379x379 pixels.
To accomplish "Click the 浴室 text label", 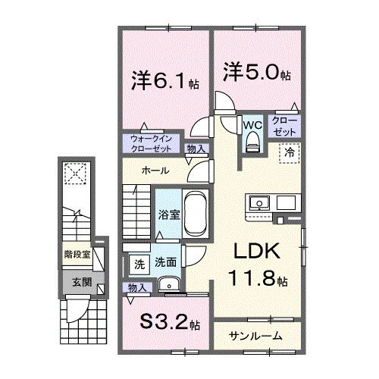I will [x=169, y=215].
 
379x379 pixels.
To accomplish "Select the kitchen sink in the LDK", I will [x=258, y=203].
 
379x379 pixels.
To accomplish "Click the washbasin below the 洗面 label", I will [x=168, y=285].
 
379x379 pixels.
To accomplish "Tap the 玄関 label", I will [x=81, y=282].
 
